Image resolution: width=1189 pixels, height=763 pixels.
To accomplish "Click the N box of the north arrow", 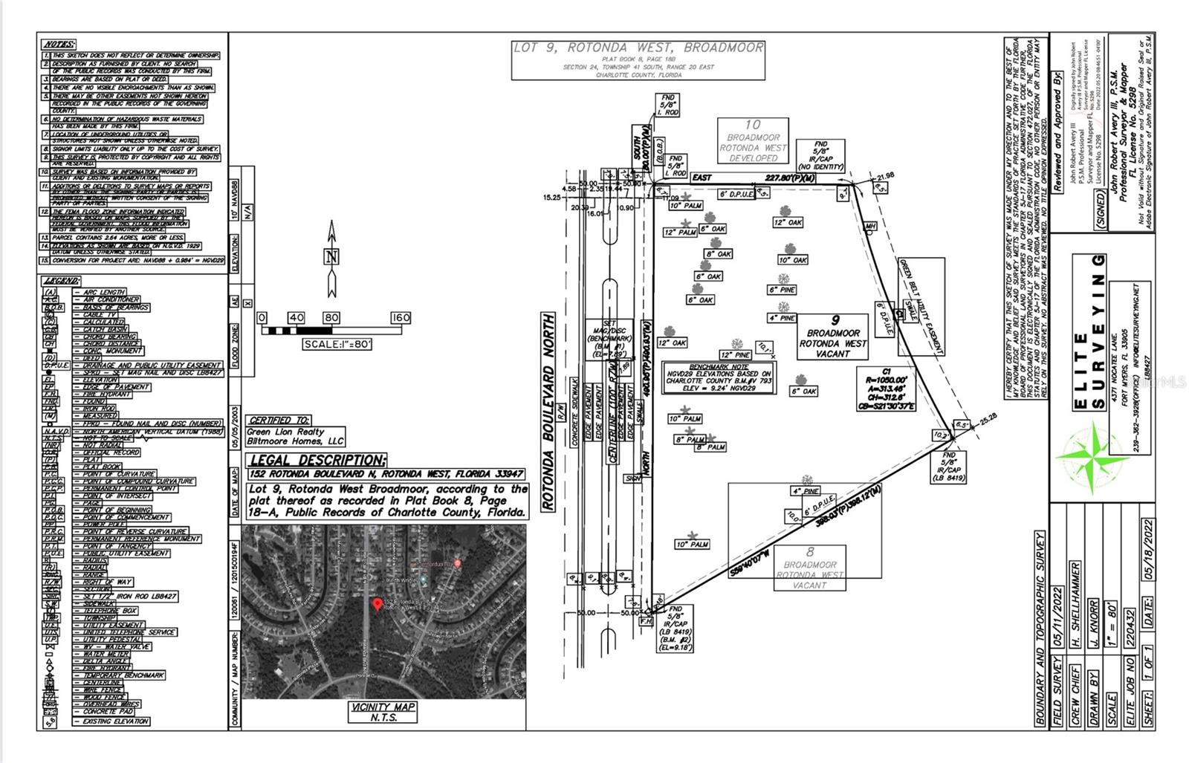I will (x=332, y=257).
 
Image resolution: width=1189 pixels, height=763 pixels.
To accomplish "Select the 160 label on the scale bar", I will (x=401, y=318).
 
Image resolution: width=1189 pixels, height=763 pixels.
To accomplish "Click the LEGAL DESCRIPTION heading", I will (x=317, y=460).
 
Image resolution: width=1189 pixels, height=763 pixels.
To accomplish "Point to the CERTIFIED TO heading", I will (x=279, y=420).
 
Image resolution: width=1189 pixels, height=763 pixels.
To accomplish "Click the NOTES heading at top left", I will (x=59, y=44).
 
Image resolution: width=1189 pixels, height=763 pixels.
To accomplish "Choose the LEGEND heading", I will (x=62, y=281).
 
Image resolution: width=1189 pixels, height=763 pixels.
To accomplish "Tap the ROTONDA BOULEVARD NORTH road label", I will (x=548, y=412).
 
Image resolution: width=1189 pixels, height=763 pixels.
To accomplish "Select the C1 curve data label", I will (x=886, y=371).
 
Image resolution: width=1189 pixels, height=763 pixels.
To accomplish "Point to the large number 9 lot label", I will (x=835, y=320).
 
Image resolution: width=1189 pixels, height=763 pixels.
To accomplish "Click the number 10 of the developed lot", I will (x=753, y=125).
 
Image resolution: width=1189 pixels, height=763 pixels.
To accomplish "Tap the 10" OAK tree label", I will (x=793, y=260).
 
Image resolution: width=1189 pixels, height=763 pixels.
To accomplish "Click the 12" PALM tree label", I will (x=680, y=233).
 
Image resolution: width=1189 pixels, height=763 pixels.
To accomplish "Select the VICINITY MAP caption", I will (x=383, y=707).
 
